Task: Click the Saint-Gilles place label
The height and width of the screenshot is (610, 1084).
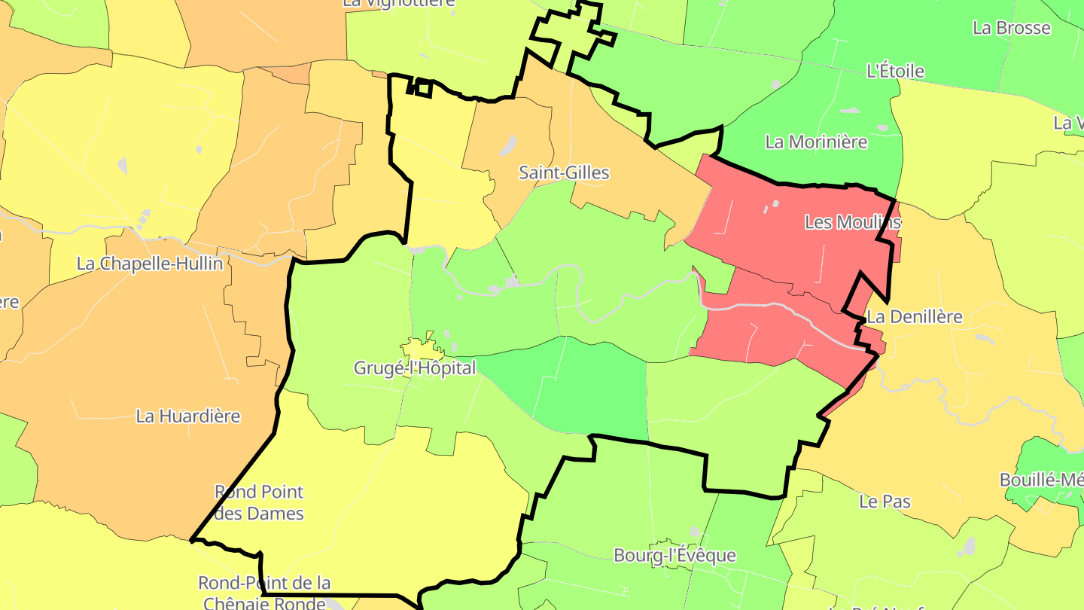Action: point(564,172)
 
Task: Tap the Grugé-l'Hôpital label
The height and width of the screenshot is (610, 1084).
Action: point(415,368)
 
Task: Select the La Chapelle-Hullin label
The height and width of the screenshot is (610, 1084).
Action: point(150,264)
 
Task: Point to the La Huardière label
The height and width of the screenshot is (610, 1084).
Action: point(188,416)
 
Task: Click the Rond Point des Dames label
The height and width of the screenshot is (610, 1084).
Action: point(259,502)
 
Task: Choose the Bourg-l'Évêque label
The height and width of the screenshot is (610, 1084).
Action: point(674,556)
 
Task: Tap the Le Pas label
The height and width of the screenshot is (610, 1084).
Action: point(885,501)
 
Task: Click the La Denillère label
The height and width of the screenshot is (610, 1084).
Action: point(914,317)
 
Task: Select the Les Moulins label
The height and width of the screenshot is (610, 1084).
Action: point(852,222)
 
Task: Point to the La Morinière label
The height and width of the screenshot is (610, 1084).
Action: point(816,142)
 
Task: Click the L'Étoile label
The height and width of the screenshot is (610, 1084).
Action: point(895,72)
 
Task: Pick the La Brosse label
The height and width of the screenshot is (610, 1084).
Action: point(1011,28)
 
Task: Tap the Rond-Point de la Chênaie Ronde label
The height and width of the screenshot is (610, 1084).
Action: point(264,592)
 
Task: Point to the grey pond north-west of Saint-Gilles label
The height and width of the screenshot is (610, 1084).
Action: point(509,145)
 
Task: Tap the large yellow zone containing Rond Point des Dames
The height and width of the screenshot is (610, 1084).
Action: point(376,512)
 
